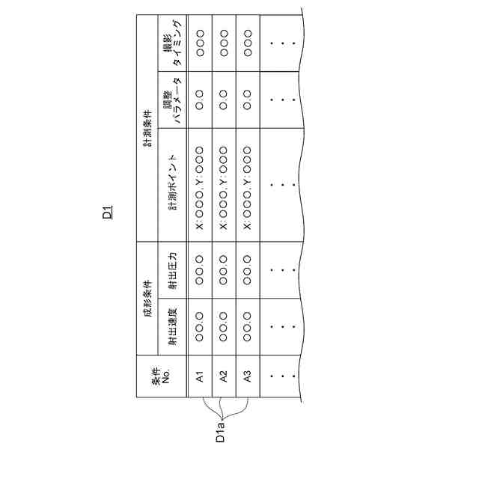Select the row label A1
pos(200,377)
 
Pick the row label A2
pos(223,377)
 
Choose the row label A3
pos(247,377)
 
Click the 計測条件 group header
pos(148,127)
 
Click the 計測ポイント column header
pos(173,185)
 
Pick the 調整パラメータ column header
pos(173,100)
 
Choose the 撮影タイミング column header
pos(173,43)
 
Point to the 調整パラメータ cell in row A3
pos(247,100)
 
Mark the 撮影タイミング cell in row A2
pos(223,43)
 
